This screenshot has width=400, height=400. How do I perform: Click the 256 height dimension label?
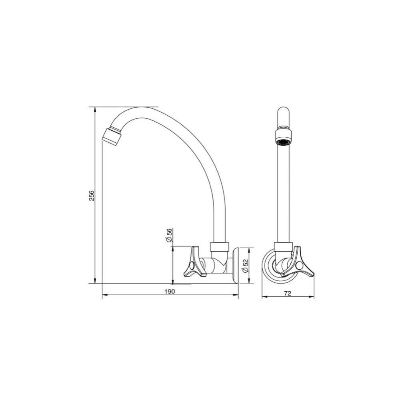click(92, 195)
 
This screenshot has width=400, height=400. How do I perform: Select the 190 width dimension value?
click(170, 292)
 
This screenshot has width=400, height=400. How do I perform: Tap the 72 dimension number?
click(287, 293)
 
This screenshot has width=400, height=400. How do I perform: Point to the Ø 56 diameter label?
click(168, 235)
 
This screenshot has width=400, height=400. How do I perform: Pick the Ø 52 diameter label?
click(246, 266)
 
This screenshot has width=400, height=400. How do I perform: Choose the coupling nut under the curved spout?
click(220, 246)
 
